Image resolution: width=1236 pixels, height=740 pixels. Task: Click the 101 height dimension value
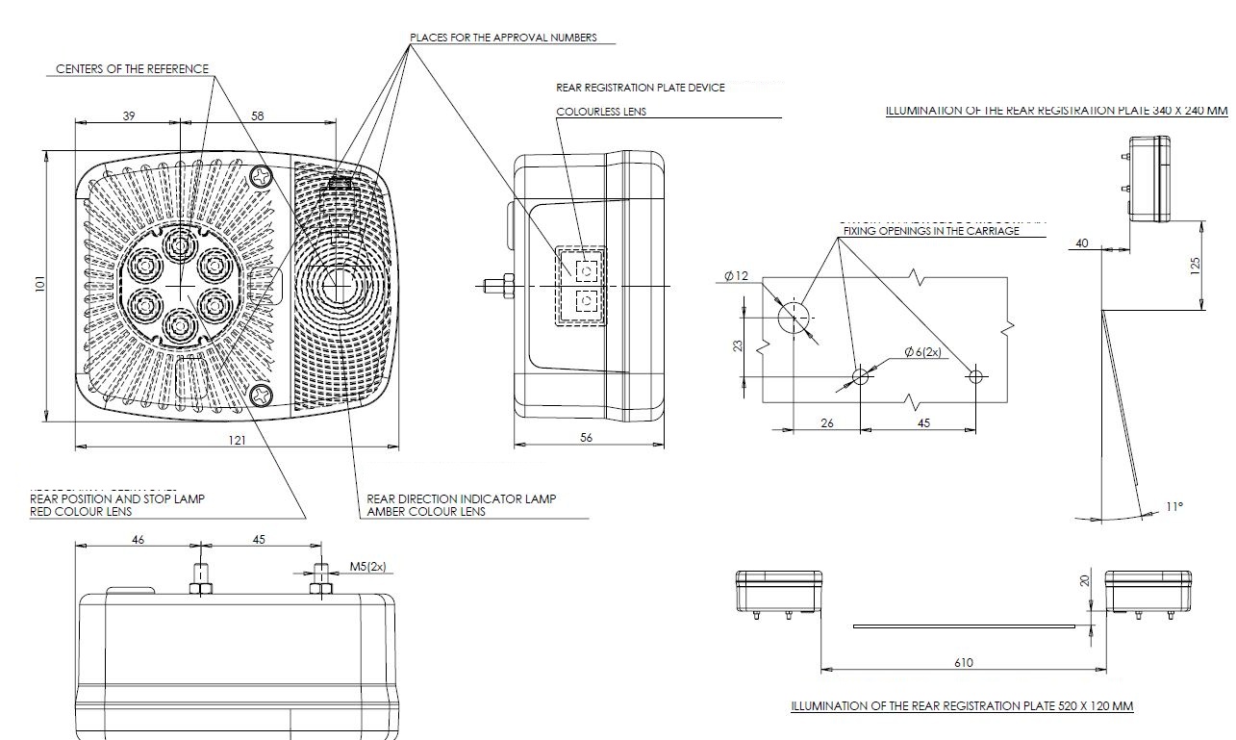click(41, 286)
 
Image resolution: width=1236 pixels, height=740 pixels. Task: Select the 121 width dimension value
click(237, 440)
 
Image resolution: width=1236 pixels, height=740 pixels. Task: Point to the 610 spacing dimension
click(964, 662)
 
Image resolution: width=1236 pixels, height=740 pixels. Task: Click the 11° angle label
click(1173, 506)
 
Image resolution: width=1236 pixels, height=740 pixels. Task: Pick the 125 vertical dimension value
click(1195, 265)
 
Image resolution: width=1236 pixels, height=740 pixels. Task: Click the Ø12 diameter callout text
click(736, 276)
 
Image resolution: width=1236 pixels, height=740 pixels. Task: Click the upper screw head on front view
click(262, 176)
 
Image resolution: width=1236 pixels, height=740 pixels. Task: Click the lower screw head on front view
click(262, 395)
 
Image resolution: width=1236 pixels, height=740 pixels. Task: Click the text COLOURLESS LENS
click(601, 112)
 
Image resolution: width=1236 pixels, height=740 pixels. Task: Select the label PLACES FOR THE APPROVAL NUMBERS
click(503, 38)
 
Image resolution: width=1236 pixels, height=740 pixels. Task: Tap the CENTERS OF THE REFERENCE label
click(132, 69)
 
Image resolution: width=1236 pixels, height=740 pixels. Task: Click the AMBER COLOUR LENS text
click(426, 512)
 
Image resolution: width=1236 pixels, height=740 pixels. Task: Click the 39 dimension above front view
click(129, 115)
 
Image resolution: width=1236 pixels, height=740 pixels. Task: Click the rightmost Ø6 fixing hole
click(975, 376)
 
